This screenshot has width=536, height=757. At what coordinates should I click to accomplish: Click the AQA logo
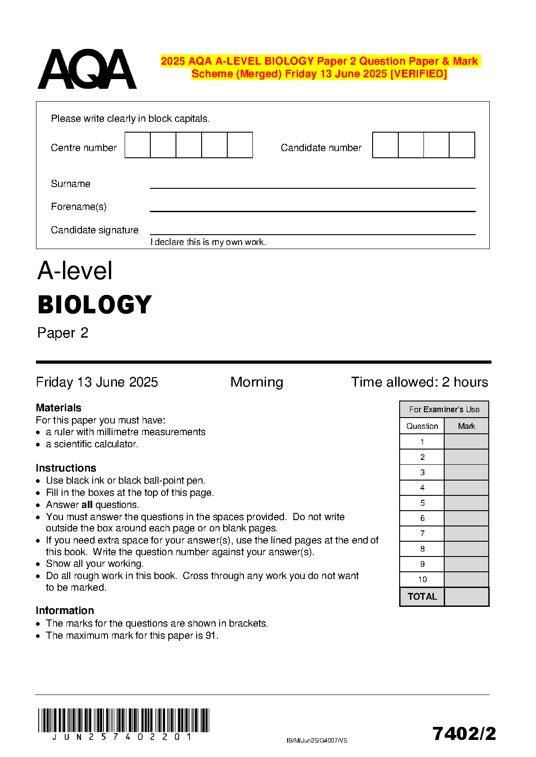(x=87, y=69)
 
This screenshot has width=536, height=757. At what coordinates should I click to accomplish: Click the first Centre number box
(x=137, y=145)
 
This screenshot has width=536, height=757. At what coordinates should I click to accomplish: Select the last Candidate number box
(x=462, y=145)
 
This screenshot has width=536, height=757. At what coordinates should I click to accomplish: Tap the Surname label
(x=71, y=184)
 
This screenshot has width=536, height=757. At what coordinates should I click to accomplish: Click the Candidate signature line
(x=312, y=234)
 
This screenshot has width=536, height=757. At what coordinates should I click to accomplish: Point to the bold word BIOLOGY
(x=95, y=305)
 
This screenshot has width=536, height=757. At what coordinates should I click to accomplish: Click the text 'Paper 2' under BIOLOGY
(x=63, y=333)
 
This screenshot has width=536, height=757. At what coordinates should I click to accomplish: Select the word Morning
(x=257, y=382)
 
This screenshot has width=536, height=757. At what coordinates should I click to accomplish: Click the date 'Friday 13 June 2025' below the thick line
(x=97, y=382)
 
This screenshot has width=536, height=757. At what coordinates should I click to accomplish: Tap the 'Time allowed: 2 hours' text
(x=419, y=382)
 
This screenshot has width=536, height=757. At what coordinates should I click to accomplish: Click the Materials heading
(x=59, y=408)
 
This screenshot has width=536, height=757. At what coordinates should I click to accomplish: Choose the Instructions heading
(x=66, y=468)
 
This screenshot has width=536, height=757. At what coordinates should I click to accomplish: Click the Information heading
(x=65, y=610)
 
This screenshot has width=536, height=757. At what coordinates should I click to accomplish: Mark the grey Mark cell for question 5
(x=466, y=503)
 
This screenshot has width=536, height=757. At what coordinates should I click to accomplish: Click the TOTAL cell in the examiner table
(x=422, y=597)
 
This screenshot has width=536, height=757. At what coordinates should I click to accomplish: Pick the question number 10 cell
(x=422, y=579)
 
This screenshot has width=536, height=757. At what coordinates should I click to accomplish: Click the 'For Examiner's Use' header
(x=444, y=410)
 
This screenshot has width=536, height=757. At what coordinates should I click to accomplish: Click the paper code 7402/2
(x=464, y=734)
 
